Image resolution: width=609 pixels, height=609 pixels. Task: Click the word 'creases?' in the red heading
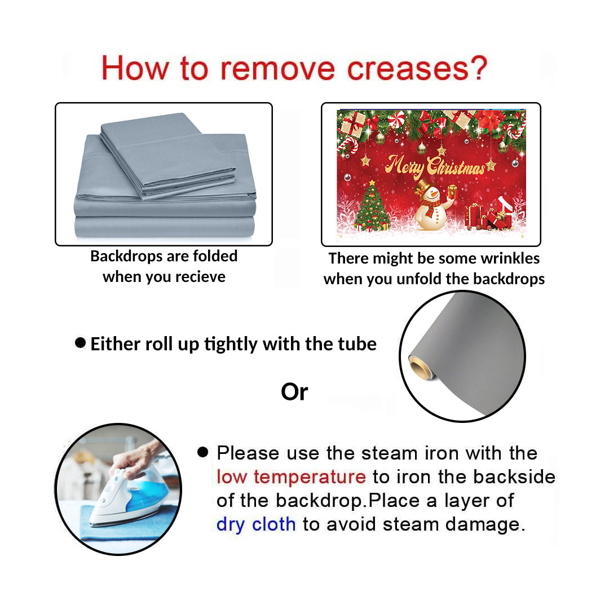[416, 68]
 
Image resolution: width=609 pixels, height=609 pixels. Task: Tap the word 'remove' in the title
[277, 69]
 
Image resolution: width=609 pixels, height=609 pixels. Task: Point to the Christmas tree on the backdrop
[372, 206]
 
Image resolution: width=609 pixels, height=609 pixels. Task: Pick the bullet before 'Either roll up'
[81, 343]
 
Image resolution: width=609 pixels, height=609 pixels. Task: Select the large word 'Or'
[294, 392]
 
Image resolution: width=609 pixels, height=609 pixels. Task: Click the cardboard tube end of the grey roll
[420, 368]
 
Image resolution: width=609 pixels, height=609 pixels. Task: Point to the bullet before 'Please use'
[203, 452]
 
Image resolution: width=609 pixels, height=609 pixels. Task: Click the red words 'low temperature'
[291, 477]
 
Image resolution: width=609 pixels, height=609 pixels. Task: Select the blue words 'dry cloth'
[256, 524]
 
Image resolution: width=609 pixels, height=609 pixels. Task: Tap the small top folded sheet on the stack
[168, 156]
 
